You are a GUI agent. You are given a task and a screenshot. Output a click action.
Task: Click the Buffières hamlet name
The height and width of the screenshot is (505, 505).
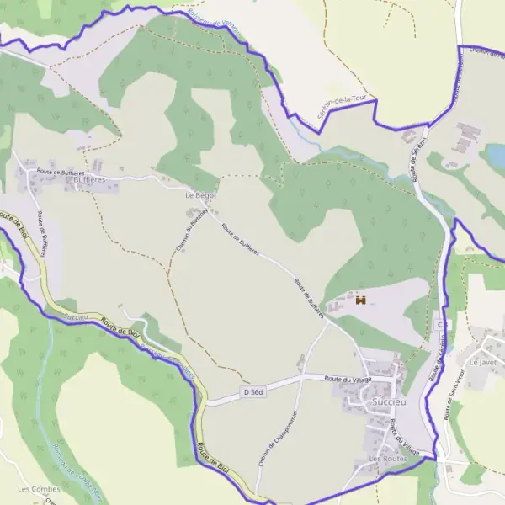click(x=90, y=180)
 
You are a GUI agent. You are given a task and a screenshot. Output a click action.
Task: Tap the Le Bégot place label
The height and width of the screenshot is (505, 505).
click(x=200, y=195)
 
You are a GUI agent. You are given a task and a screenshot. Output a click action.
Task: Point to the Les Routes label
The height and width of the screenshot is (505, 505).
click(x=387, y=459)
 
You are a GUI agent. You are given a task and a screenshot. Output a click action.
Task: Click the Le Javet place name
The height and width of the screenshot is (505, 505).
click(x=483, y=362)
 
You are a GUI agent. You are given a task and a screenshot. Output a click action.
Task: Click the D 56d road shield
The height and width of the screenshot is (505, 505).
click(x=253, y=392)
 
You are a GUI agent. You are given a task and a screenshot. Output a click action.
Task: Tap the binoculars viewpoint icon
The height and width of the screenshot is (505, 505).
click(x=361, y=300)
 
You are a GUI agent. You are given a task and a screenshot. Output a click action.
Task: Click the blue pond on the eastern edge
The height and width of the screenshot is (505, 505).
click(x=495, y=155)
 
